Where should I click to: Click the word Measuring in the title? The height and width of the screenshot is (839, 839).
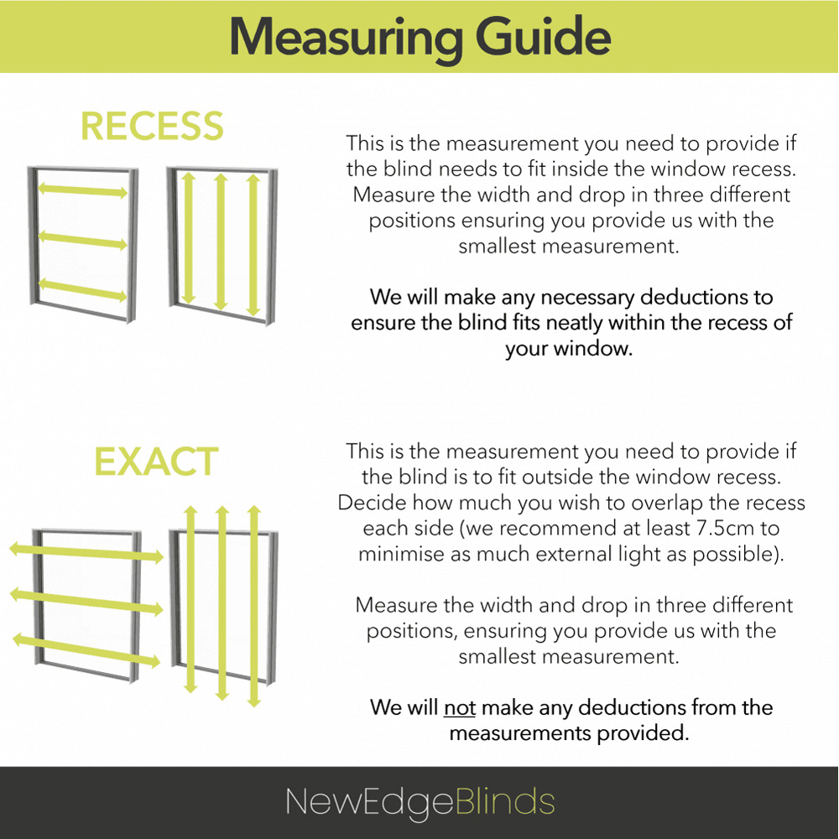pos(346,38)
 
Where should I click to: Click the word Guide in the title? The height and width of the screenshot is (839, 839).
pos(543,36)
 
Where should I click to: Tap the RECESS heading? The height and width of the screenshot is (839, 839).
pos(152,127)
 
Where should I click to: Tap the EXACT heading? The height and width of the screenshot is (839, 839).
pos(156,461)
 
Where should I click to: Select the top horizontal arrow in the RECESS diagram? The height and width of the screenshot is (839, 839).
pos(82,190)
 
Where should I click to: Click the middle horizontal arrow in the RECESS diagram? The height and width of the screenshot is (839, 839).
pos(82,240)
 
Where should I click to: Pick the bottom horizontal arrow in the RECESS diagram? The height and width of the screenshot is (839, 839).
pos(82,290)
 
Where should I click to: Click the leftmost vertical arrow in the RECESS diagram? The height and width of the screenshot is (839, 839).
pos(188,238)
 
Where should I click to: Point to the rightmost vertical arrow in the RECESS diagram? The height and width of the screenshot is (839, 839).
pos(253,244)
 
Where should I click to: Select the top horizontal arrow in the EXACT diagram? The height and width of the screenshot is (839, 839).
pos(86,552)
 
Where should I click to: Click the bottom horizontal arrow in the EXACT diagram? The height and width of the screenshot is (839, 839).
pos(86,649)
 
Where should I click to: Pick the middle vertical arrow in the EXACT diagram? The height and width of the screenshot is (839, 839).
pos(222,603)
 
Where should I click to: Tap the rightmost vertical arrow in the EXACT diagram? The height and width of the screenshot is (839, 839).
pos(254,606)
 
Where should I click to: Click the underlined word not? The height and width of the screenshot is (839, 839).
pos(460,707)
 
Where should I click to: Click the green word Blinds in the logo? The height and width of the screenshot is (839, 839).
pos(504,801)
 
